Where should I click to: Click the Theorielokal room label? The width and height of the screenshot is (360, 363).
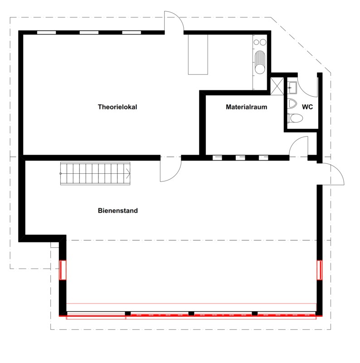(x=117, y=107)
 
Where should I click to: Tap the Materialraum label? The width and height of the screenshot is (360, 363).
(x=246, y=107)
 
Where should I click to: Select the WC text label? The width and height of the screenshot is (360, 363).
(x=307, y=107)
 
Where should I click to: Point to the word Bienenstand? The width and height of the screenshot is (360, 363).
(x=118, y=211)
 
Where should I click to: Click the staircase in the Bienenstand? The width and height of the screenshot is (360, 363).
(x=95, y=173)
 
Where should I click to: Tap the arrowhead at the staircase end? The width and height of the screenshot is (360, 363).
(x=128, y=173)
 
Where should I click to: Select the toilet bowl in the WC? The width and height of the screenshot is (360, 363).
(x=295, y=118)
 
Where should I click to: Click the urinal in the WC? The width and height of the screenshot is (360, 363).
(x=292, y=103)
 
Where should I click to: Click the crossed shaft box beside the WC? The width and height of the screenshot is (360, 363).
(x=277, y=86)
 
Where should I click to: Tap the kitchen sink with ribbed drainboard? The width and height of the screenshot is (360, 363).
(x=260, y=62)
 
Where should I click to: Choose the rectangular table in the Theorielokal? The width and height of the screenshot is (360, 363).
(x=198, y=54)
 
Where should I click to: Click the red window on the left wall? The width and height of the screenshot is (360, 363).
(x=63, y=270)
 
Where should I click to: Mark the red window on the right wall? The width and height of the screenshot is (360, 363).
(x=320, y=270)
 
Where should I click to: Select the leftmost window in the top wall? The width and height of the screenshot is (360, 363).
(x=47, y=32)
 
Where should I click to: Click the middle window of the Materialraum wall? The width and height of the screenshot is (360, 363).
(x=240, y=158)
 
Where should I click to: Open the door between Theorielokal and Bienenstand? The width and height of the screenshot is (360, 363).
(x=170, y=169)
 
